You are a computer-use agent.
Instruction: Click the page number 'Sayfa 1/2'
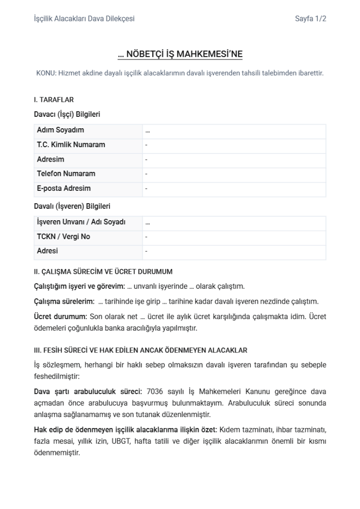[x=310, y=19]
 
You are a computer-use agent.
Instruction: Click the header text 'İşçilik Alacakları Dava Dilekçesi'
[x=84, y=19]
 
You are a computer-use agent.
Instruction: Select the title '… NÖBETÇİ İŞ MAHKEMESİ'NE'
[x=180, y=54]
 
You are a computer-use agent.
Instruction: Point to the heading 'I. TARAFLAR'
[x=54, y=100]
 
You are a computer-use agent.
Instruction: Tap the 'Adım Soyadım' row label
[x=60, y=130]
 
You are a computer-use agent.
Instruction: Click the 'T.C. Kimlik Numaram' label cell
[x=71, y=145]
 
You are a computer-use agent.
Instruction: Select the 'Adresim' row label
[x=50, y=160]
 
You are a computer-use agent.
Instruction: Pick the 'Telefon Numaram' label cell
[x=66, y=174]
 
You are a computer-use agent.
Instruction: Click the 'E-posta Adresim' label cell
[x=64, y=188]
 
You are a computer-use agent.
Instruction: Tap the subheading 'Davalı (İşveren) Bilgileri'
[x=72, y=206]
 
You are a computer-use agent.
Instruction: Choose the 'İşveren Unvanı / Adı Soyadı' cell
[x=81, y=222]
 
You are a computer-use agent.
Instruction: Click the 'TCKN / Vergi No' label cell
[x=63, y=237]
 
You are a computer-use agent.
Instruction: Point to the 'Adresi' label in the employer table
[x=47, y=251]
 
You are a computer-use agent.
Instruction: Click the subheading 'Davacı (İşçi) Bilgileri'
[x=67, y=114]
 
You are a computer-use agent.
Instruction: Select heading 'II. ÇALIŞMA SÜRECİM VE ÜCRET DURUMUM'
[x=103, y=271]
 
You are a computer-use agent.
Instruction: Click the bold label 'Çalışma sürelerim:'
[x=64, y=302]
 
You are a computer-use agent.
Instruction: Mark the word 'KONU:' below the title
[x=46, y=73]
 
